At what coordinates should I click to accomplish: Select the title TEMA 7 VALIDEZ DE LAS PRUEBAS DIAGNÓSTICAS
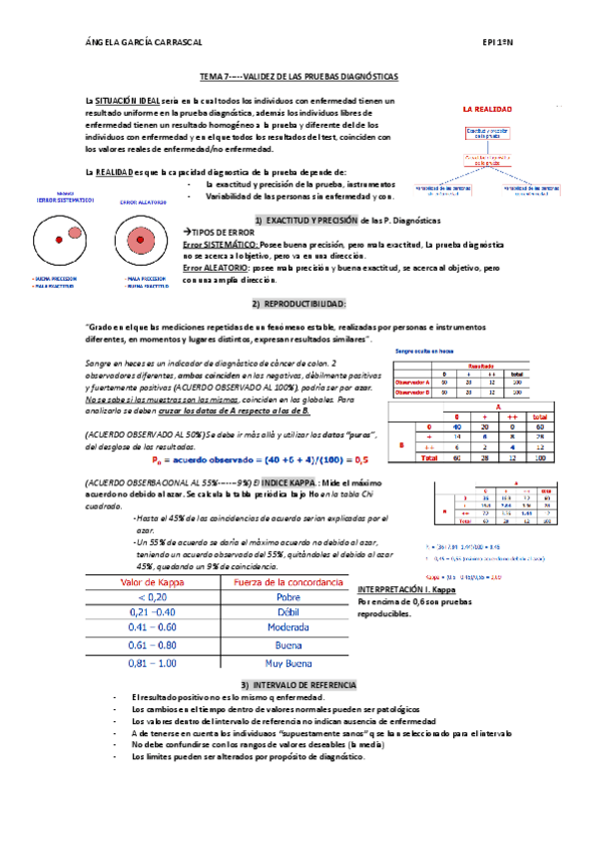coord(299,76)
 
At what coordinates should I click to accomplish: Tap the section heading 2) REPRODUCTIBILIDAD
coord(299,303)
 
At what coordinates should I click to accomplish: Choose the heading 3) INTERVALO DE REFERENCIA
coord(299,684)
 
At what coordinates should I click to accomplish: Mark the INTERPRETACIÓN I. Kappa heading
coord(406,590)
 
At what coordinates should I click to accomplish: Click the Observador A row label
coord(412,382)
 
